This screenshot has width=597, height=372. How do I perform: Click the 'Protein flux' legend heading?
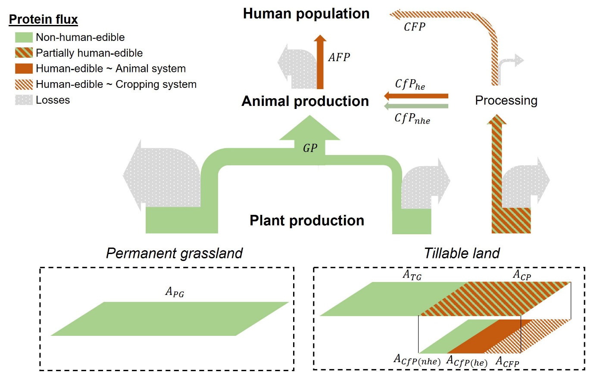click(44, 20)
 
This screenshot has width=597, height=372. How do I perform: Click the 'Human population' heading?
click(306, 13)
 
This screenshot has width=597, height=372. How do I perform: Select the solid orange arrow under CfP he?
click(416, 96)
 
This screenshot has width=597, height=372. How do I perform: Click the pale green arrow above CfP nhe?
click(416, 106)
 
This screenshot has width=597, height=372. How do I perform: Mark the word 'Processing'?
click(506, 101)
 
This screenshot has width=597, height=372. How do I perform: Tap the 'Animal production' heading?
click(305, 101)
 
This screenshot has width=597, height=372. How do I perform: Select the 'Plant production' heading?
click(307, 221)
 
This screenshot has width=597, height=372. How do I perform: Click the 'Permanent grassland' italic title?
click(174, 253)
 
